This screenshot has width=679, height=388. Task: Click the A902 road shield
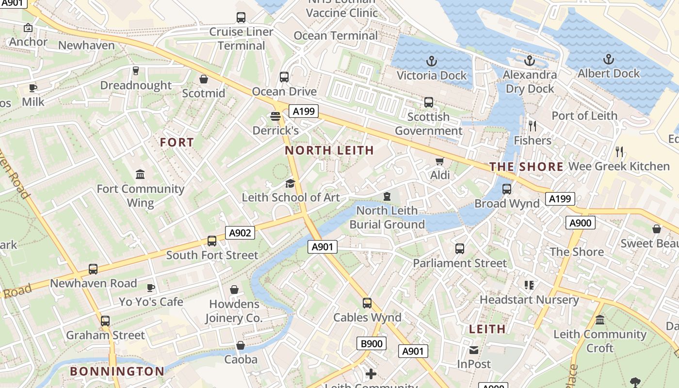[240, 233]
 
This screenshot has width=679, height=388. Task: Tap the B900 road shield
[372, 344]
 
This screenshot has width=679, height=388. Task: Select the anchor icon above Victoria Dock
[431, 61]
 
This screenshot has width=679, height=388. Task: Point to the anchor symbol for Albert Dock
[608, 59]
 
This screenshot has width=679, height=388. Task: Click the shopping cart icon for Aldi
[440, 161]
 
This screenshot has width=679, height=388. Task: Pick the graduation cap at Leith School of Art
[290, 183]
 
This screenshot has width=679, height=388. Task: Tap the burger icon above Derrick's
[275, 116]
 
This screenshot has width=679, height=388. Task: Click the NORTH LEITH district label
[329, 150]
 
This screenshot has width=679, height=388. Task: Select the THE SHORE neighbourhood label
[526, 167]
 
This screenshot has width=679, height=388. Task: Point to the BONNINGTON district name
[117, 372]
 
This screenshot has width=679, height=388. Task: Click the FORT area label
[177, 143]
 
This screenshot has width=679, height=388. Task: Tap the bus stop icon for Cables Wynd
[367, 303]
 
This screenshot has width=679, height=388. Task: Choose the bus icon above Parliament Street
[460, 249]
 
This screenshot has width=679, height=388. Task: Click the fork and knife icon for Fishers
[533, 126]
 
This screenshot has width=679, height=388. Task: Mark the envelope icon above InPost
[474, 350]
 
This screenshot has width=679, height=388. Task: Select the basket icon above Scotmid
[204, 79]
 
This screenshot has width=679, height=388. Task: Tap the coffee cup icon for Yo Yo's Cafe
[151, 288]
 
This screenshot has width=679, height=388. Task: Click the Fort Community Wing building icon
[140, 174]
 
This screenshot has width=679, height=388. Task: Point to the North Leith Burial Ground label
[387, 217]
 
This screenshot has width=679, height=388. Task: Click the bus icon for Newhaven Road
[93, 269]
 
